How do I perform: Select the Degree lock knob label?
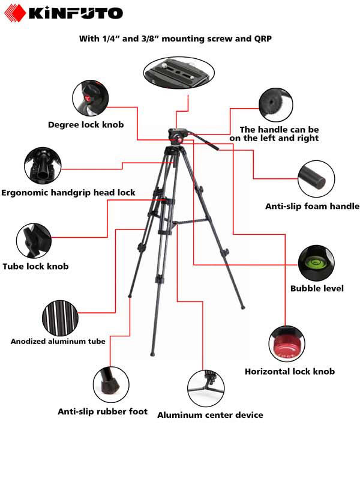(86, 125)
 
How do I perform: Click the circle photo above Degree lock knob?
(90, 97)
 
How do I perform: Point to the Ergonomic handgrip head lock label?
(68, 193)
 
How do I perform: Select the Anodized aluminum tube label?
(58, 341)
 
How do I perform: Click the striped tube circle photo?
(60, 316)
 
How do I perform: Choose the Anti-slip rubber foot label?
(102, 412)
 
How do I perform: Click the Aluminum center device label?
(210, 415)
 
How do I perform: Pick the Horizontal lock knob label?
(290, 372)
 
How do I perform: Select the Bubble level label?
(317, 289)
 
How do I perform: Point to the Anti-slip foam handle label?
(312, 207)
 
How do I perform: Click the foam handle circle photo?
(317, 177)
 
